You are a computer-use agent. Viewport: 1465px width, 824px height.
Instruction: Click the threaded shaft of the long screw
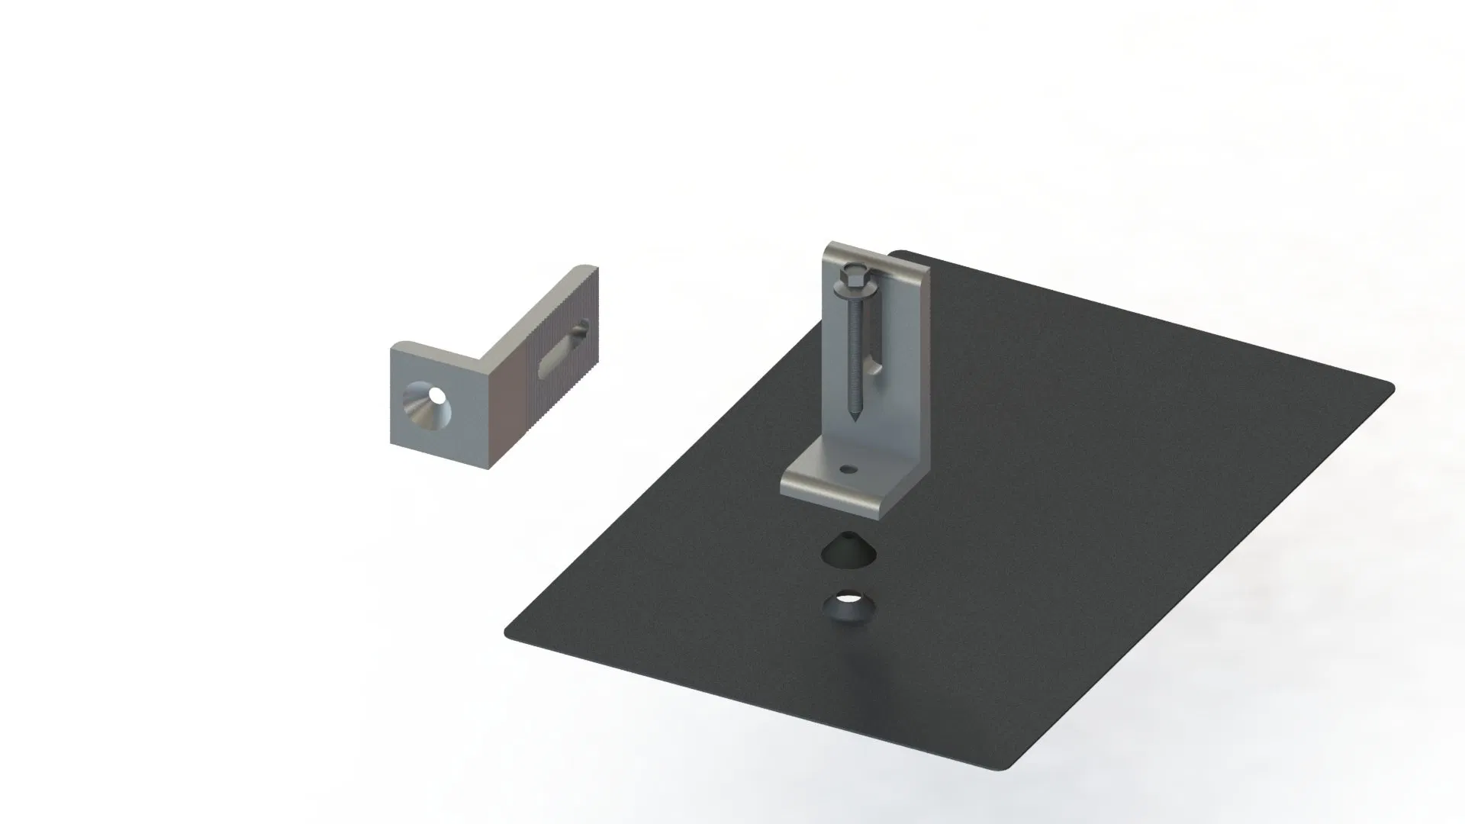[x=853, y=351]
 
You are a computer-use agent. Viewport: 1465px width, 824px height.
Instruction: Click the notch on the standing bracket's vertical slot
[x=877, y=370]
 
